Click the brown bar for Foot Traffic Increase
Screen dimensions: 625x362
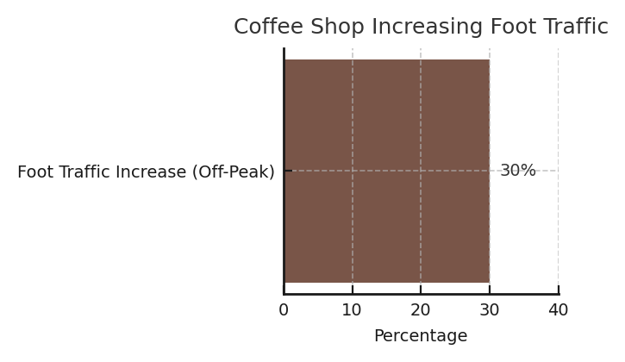(x=387, y=171)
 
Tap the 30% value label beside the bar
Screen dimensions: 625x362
(x=518, y=171)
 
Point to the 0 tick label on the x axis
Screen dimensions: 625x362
(x=284, y=309)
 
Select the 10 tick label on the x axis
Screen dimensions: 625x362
(x=352, y=309)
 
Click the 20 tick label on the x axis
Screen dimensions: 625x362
(x=421, y=309)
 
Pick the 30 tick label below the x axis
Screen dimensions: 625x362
(x=490, y=309)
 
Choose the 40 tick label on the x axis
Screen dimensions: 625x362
(x=558, y=309)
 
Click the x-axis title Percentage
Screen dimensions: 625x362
(x=421, y=335)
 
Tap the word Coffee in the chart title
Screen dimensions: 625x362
(x=268, y=27)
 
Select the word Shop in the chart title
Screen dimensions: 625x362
(x=337, y=27)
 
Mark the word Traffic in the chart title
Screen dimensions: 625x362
(x=575, y=27)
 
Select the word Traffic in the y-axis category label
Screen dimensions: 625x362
(x=85, y=172)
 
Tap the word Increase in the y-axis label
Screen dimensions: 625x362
(x=151, y=172)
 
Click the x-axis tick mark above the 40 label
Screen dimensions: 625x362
(x=559, y=290)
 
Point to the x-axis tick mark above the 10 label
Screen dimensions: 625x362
(x=353, y=290)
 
